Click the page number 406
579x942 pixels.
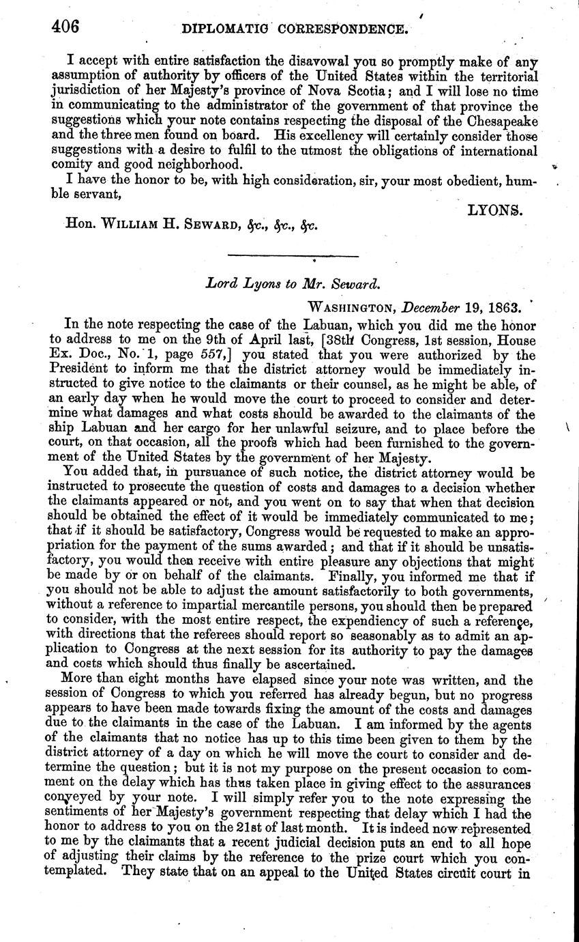pyautogui.click(x=65, y=27)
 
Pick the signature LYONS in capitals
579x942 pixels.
pyautogui.click(x=494, y=211)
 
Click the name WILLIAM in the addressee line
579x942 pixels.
pyautogui.click(x=136, y=224)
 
